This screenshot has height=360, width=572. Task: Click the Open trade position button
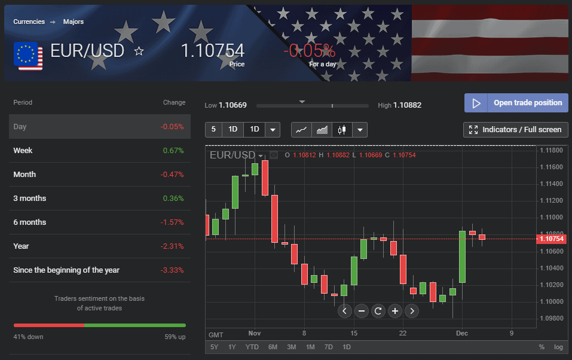click(516, 103)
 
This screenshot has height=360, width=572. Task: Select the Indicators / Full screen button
click(516, 130)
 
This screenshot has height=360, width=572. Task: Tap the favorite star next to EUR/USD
click(139, 51)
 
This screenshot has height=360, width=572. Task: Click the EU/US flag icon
click(28, 56)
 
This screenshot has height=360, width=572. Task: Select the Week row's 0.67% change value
click(173, 151)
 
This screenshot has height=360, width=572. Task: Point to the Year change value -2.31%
click(172, 246)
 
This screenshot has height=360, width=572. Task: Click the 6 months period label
click(30, 222)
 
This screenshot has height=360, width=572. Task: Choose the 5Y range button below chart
click(214, 347)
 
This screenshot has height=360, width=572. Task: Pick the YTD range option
click(252, 347)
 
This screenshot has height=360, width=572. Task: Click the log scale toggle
click(558, 347)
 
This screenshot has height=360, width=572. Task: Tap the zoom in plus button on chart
click(394, 311)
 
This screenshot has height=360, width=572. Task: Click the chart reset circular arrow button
click(378, 311)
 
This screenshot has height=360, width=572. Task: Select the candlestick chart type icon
click(341, 130)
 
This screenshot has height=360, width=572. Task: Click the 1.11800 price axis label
click(551, 150)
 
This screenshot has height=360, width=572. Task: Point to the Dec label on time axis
click(461, 333)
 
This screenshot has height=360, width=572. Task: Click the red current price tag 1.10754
click(551, 239)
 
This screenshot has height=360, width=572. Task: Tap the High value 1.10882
click(408, 105)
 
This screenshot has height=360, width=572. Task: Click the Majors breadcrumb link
click(74, 22)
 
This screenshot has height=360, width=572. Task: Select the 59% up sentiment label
click(175, 337)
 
